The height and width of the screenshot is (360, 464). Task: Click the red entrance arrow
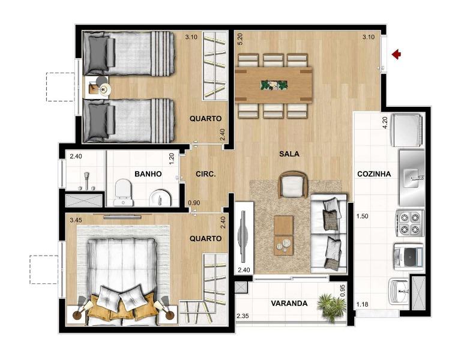tap(396, 55)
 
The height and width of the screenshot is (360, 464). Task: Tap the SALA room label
tap(289, 154)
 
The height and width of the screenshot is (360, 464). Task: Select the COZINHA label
tap(373, 174)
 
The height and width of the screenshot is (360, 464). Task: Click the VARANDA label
tap(289, 304)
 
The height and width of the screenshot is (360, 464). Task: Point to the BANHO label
tap(148, 174)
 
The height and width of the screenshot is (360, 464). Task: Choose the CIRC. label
tap(205, 174)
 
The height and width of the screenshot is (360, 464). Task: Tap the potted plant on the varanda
tap(331, 306)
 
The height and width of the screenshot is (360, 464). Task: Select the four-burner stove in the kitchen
tap(409, 223)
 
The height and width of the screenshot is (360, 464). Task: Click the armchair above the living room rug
tap(293, 185)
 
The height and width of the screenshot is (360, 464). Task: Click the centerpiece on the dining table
tap(273, 85)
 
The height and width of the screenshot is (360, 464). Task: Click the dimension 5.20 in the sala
tap(240, 40)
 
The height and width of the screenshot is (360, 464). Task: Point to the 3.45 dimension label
tap(76, 221)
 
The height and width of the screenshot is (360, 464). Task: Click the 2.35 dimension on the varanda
tap(243, 316)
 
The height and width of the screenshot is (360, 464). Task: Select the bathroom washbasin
tap(161, 197)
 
